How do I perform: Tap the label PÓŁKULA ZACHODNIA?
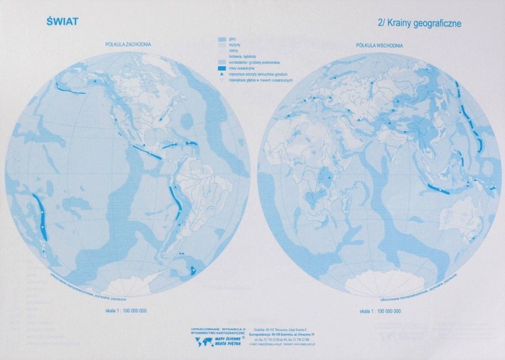pyautogui.click(x=128, y=44)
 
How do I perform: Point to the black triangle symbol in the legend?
pyautogui.click(x=223, y=74)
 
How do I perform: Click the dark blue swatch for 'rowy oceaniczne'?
pyautogui.click(x=223, y=68)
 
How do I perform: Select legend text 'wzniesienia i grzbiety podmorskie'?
pyautogui.click(x=254, y=63)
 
